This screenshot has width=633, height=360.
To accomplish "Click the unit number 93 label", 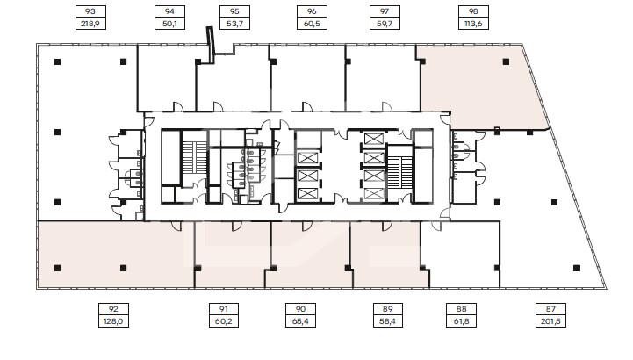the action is pyautogui.click(x=90, y=11).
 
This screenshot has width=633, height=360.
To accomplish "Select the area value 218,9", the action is pyautogui.click(x=90, y=24).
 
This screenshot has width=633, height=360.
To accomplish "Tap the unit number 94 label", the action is pyautogui.click(x=169, y=11).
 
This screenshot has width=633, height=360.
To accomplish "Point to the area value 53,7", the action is pyautogui.click(x=234, y=24).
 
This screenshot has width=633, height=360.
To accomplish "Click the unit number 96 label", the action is pyautogui.click(x=312, y=11).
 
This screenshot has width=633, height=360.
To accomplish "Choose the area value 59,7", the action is pyautogui.click(x=385, y=24).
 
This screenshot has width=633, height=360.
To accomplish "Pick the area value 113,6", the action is pyautogui.click(x=473, y=24).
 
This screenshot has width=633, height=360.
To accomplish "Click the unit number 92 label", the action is pyautogui.click(x=113, y=309).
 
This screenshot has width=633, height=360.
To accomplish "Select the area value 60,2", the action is pyautogui.click(x=224, y=321).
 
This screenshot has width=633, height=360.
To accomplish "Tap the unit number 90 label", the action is pyautogui.click(x=300, y=309).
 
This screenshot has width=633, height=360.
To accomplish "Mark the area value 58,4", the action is pyautogui.click(x=387, y=321).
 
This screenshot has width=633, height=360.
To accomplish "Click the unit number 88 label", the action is pyautogui.click(x=461, y=309).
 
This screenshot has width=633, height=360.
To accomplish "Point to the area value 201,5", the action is pyautogui.click(x=550, y=321).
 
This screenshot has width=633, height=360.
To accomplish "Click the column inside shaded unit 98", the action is pyautogui.click(x=506, y=61).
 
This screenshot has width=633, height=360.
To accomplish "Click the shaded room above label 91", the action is pyautogui.click(x=232, y=255).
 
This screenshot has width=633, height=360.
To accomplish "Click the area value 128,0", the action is pyautogui.click(x=113, y=321).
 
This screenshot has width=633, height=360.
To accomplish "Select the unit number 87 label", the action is pyautogui.click(x=550, y=309).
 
